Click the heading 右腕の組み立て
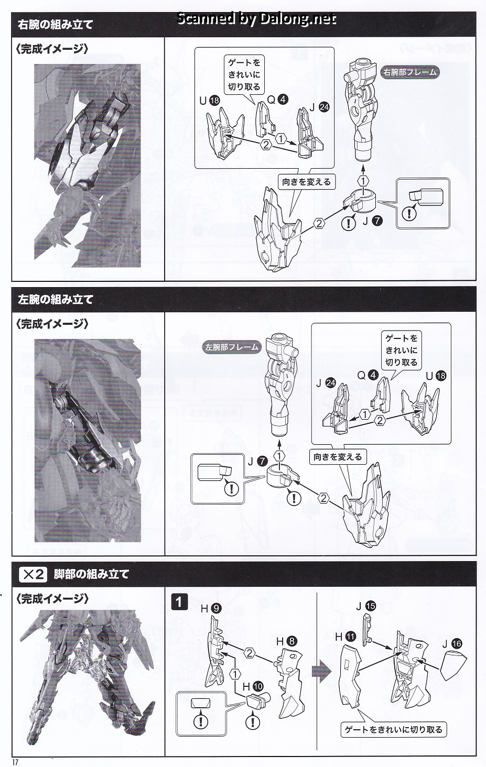(55, 25)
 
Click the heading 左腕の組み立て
(55, 300)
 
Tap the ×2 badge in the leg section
(33, 574)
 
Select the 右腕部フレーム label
(410, 72)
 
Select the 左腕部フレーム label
(231, 347)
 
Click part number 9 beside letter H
(217, 609)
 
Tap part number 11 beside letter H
(351, 637)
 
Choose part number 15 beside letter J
(371, 606)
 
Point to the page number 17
(15, 762)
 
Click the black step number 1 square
(179, 601)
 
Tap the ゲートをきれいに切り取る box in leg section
(393, 729)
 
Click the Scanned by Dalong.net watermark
(256, 19)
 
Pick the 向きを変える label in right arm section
(306, 182)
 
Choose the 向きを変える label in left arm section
(338, 457)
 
